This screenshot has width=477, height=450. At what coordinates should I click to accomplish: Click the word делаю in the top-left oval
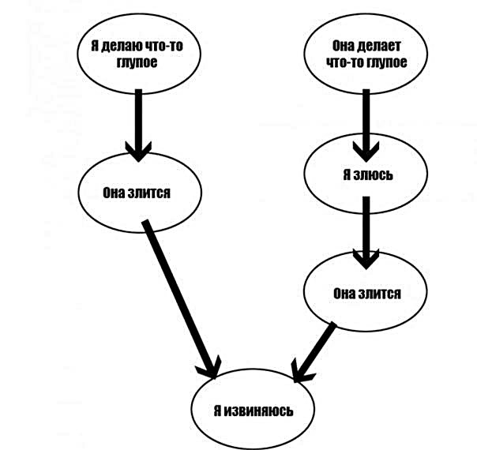pos(121,46)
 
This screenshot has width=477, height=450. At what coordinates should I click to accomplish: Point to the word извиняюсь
pos(258,411)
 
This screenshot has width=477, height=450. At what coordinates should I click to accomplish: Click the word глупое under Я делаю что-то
pos(137,62)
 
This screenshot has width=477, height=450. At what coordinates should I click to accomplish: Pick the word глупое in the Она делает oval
pos(387,62)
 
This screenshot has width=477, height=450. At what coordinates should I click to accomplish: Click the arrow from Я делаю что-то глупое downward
pos(138,126)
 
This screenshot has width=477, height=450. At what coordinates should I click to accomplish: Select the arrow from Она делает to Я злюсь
pos(366,126)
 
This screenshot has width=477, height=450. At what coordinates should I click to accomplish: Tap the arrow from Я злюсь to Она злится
pos(366,233)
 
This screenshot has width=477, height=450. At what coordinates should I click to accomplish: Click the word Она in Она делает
pos(343,46)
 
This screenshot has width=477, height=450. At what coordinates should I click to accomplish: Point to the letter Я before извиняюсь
pos(217,411)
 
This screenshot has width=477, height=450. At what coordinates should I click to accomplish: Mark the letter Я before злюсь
pos(347,174)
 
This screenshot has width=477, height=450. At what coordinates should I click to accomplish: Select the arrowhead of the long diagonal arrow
pos(210,367)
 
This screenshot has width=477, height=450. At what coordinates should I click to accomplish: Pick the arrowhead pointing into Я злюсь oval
pos(366,152)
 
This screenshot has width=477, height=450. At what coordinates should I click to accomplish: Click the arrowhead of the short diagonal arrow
pos(301,372)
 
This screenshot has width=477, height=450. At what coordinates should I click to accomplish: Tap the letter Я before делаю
pos(94,46)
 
